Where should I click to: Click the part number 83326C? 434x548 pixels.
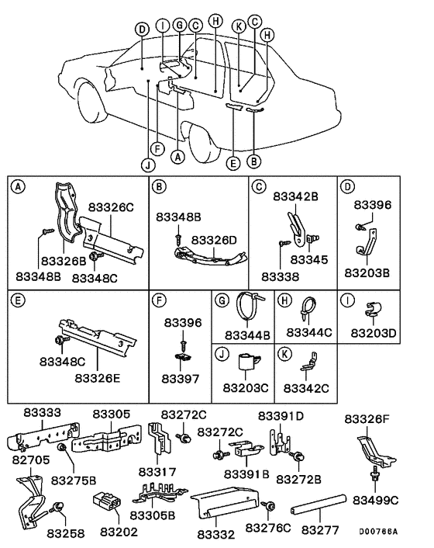112,208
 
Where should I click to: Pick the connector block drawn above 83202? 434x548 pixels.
107,503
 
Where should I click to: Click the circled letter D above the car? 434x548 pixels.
141,29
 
